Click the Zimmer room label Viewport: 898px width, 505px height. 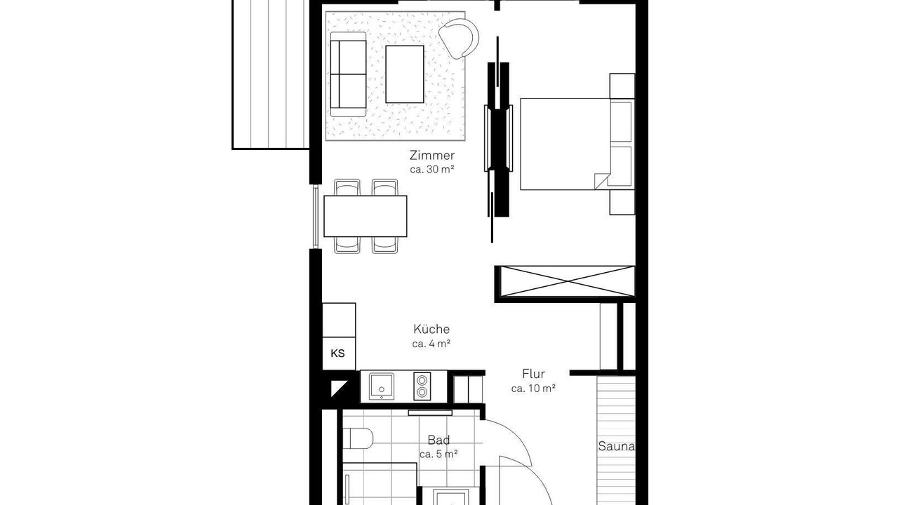click(x=431, y=155)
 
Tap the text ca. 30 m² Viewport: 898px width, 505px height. click(x=431, y=170)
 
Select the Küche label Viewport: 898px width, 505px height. click(x=431, y=329)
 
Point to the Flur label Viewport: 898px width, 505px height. click(x=533, y=374)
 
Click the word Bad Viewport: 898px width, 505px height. click(x=438, y=440)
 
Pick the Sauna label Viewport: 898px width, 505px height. click(x=617, y=446)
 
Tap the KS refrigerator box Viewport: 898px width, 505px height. click(x=339, y=353)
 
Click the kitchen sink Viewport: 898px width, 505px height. click(x=381, y=386)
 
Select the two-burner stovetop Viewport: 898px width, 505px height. click(x=422, y=386)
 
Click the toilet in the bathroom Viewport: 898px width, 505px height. click(x=358, y=438)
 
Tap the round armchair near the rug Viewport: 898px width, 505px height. click(x=459, y=38)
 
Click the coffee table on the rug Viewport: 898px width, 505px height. click(x=405, y=74)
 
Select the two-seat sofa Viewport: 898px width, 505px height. click(x=348, y=74)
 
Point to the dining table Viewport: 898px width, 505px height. click(x=366, y=216)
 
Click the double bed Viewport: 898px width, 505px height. click(x=577, y=144)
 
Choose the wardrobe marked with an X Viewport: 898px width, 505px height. click(x=568, y=281)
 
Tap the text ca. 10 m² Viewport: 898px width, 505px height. click(x=533, y=389)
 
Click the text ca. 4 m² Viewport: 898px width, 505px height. click(x=431, y=344)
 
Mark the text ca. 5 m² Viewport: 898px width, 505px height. click(x=438, y=454)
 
